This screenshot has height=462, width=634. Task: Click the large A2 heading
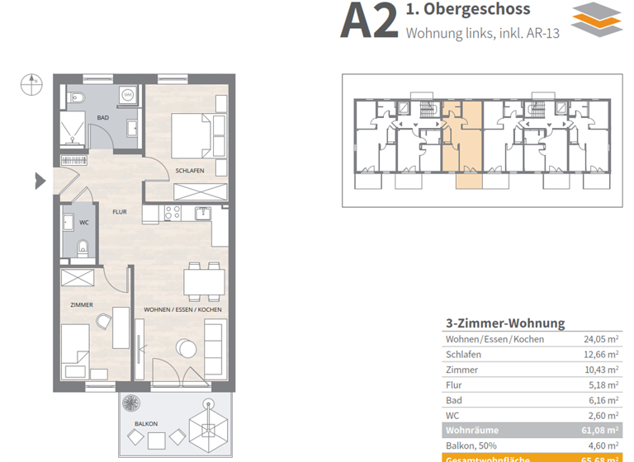click(x=368, y=21)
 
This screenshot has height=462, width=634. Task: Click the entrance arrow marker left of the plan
click(x=40, y=180)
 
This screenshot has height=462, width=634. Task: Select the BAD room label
click(x=102, y=118)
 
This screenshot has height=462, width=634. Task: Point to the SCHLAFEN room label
click(x=190, y=171)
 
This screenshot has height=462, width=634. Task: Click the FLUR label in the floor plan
click(x=119, y=212)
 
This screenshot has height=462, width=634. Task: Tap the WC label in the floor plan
click(x=84, y=222)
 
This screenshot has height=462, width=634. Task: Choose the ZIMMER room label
click(x=82, y=305)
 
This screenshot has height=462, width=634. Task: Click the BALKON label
click(x=145, y=424)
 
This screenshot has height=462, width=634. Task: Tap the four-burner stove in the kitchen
click(x=173, y=213)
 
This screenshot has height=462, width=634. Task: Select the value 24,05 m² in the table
click(x=601, y=339)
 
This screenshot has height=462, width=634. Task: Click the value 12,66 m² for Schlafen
click(x=601, y=355)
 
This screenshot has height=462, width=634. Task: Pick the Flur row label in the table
click(x=454, y=385)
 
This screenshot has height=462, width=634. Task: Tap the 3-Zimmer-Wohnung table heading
click(x=504, y=323)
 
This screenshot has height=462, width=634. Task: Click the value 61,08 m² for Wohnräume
click(x=601, y=431)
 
